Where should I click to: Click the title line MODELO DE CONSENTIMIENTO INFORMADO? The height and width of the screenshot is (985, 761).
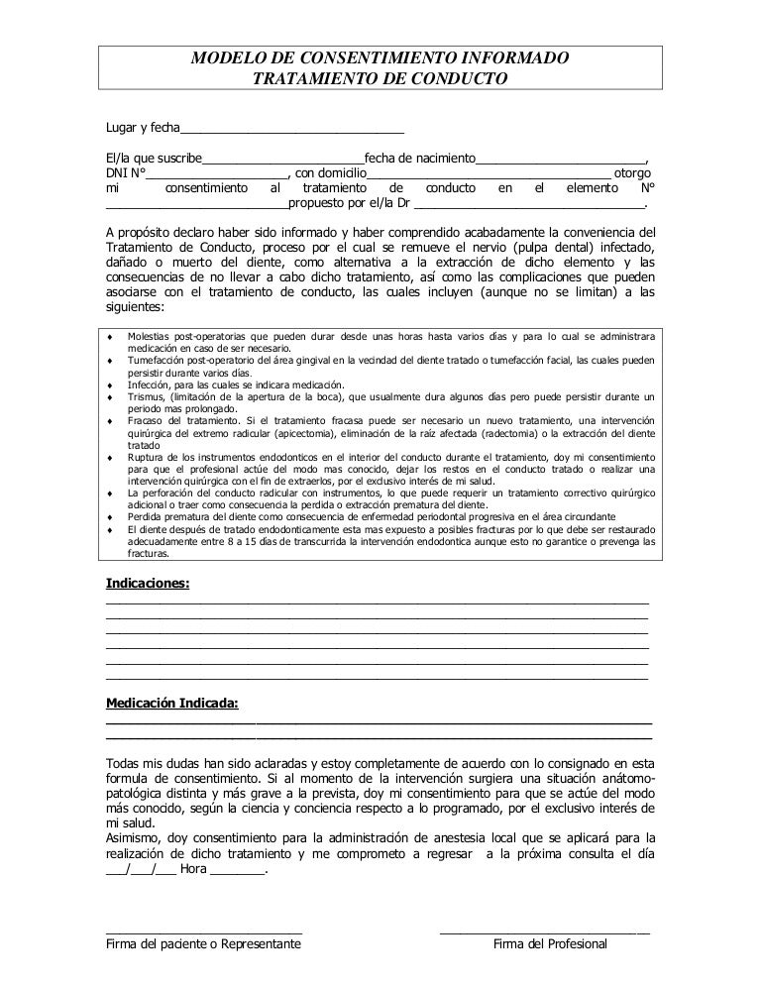[x=380, y=58]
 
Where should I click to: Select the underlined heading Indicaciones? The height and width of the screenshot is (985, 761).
[x=148, y=585]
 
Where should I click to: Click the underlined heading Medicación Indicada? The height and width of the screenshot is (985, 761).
[x=171, y=705]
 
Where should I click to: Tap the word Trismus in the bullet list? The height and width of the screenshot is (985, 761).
[x=147, y=396]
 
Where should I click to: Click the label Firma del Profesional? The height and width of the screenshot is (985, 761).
[x=550, y=945]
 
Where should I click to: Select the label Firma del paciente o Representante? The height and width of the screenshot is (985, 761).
[x=203, y=945]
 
